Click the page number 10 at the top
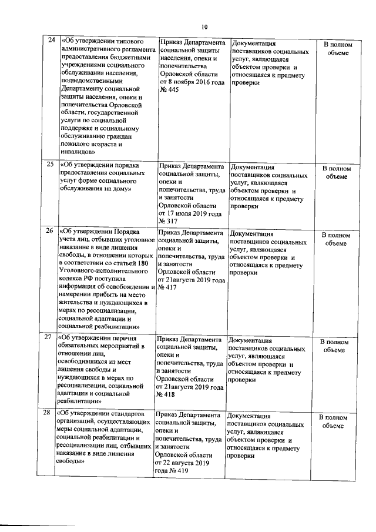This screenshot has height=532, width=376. point(204,26)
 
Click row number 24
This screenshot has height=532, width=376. point(51,41)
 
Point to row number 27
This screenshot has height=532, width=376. point(50,338)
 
